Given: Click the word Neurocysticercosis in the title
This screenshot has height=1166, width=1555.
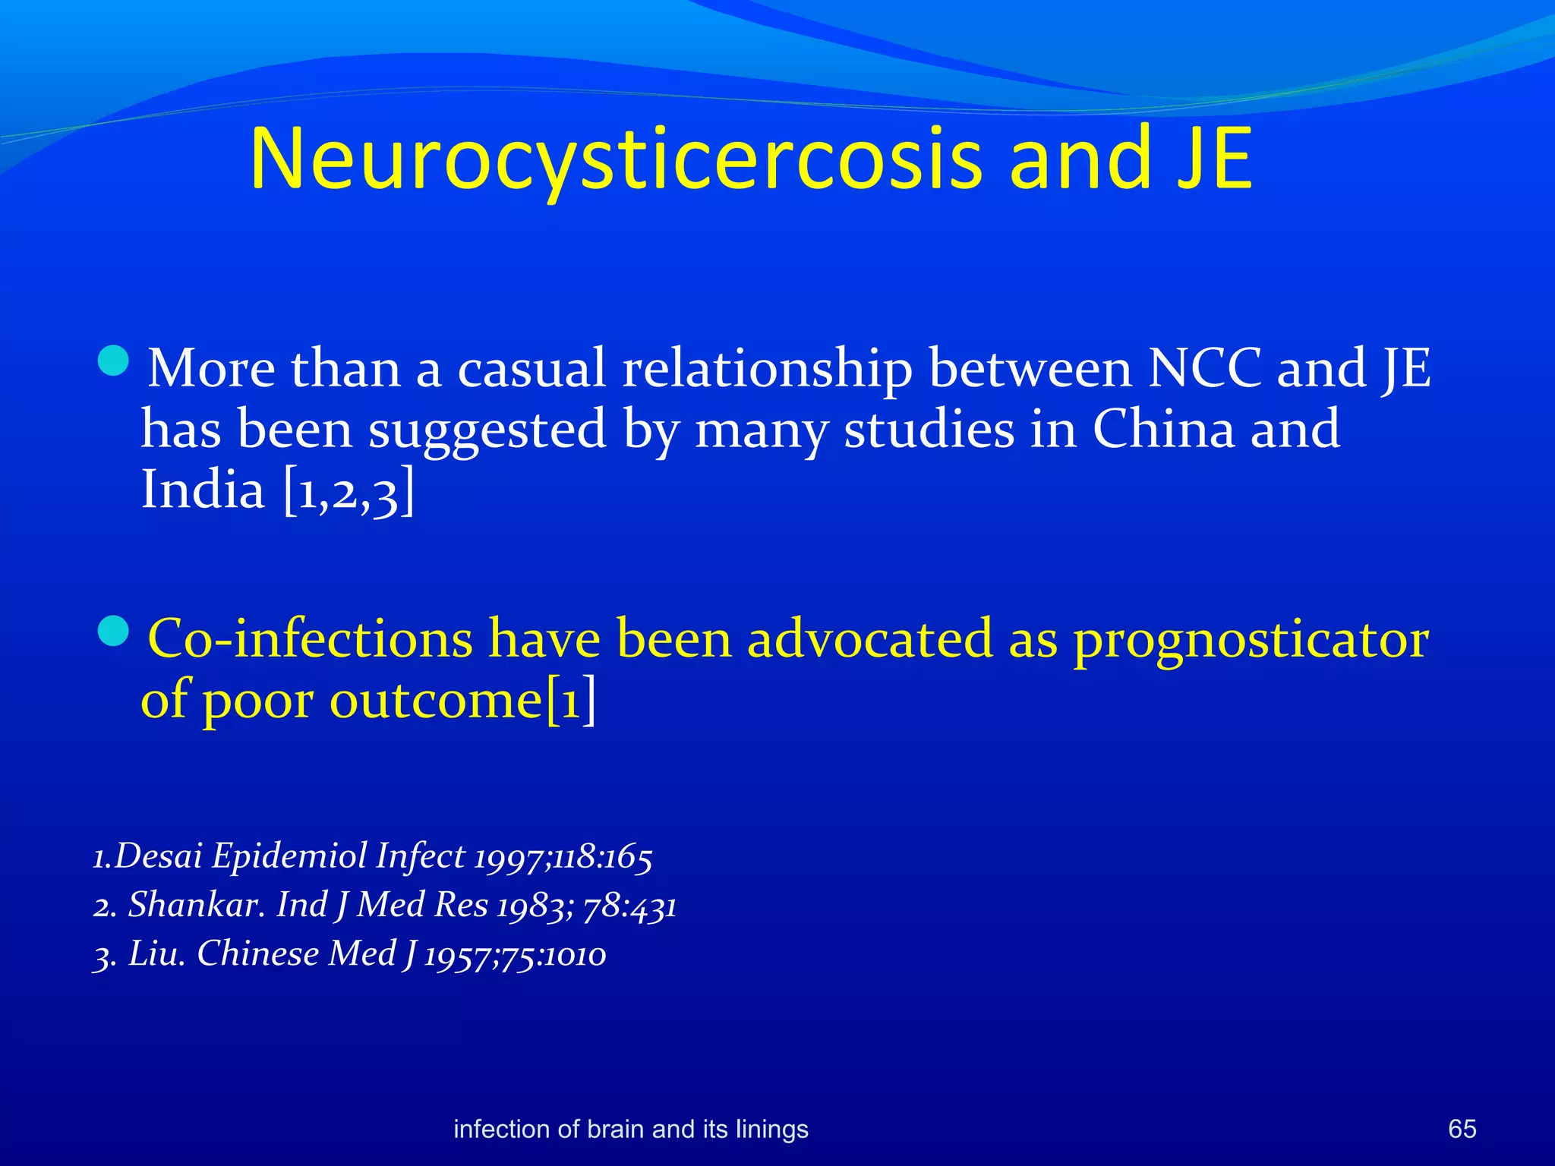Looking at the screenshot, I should pyautogui.click(x=616, y=159).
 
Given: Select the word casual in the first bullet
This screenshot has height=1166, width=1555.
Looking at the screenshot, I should pyautogui.click(x=531, y=369).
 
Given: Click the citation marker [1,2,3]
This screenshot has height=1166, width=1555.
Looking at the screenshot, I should pyautogui.click(x=349, y=491).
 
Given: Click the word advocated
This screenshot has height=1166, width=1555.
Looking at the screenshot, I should pyautogui.click(x=869, y=638).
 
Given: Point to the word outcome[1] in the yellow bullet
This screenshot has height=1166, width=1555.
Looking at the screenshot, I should pyautogui.click(x=462, y=700).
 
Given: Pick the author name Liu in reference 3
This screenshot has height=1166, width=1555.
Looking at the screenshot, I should pyautogui.click(x=156, y=953).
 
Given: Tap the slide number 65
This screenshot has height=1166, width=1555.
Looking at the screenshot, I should pyautogui.click(x=1462, y=1129).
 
